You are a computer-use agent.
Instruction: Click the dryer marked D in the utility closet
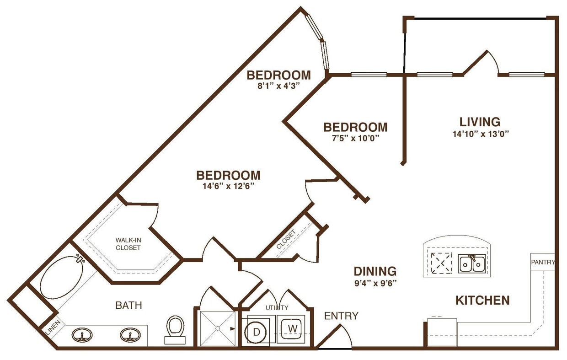coord(257,331)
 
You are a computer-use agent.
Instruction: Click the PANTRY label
coord(543,262)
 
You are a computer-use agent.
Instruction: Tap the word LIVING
coord(480,122)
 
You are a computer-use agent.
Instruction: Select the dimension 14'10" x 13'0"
coord(480,134)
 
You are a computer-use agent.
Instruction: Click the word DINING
coord(375,271)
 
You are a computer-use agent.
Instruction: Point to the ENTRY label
coord(341,316)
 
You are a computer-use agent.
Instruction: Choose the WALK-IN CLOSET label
coord(128,243)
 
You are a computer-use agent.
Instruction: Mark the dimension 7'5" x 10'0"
coord(355,137)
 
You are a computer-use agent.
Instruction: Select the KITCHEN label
coord(482,301)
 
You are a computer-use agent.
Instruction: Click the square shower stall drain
coord(218,328)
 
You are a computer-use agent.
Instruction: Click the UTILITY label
coord(277,307)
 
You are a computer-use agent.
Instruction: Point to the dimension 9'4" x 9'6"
coord(375,282)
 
